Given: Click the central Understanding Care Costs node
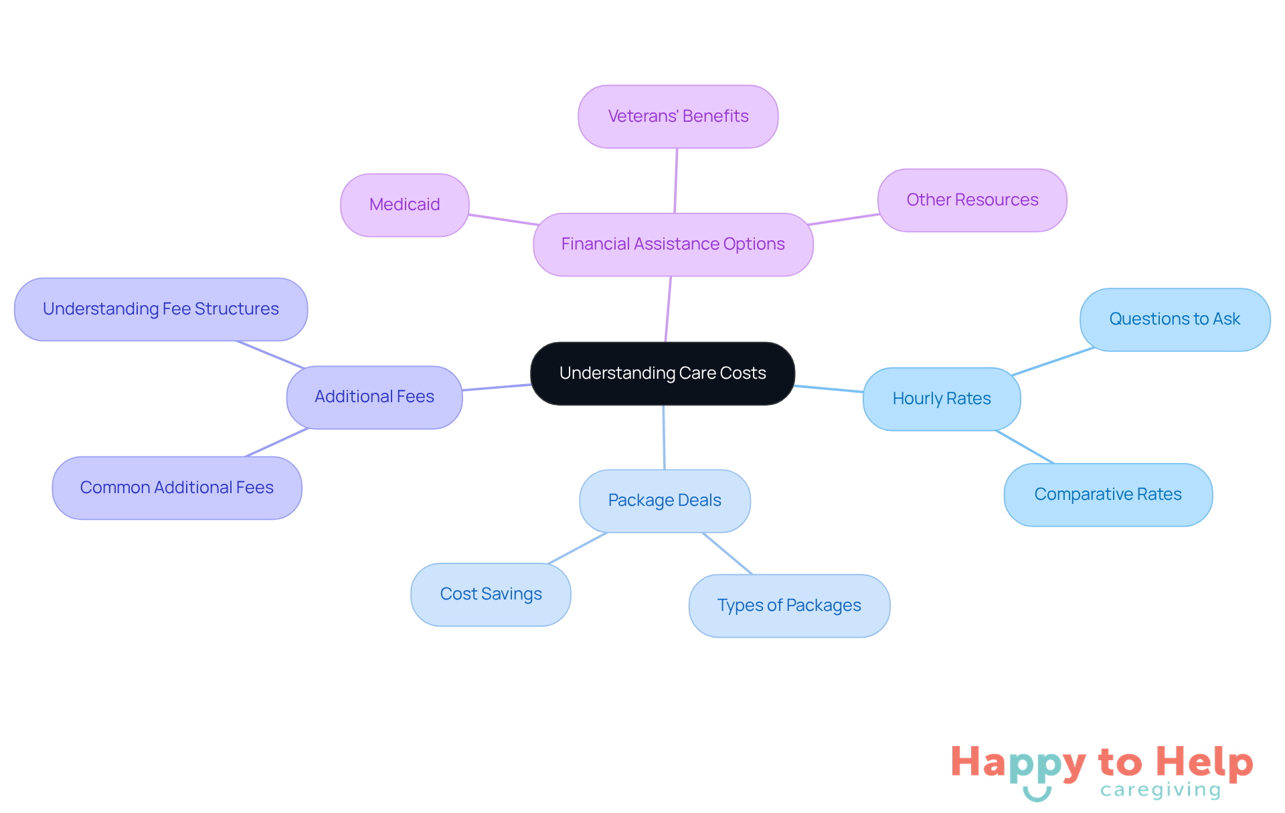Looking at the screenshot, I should click(x=663, y=373).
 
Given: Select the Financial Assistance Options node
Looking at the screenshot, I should click(x=673, y=244).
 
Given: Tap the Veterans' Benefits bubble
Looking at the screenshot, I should click(x=678, y=116).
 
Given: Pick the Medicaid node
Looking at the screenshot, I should click(x=404, y=205).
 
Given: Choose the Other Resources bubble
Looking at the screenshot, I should click(x=972, y=200).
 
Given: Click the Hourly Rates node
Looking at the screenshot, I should click(x=941, y=399).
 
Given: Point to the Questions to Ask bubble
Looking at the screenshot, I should click(x=1175, y=319).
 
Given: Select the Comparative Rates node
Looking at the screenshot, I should click(x=1108, y=494).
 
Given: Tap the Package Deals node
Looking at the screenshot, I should click(x=665, y=501).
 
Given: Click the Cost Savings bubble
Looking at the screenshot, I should click(x=491, y=594).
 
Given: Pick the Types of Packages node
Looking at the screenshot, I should click(x=789, y=606).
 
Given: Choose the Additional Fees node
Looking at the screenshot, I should click(x=374, y=397).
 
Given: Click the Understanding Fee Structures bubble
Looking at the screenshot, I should click(x=161, y=309).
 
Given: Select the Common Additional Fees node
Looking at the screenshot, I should click(x=177, y=488).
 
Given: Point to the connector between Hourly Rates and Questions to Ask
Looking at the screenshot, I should click(x=1053, y=361).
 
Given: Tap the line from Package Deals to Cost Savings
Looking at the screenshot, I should click(x=578, y=548).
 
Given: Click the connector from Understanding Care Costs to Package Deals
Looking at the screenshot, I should click(x=664, y=437).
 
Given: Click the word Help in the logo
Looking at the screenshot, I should click(x=1204, y=763).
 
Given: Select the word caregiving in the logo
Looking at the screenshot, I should click(x=1161, y=790).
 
